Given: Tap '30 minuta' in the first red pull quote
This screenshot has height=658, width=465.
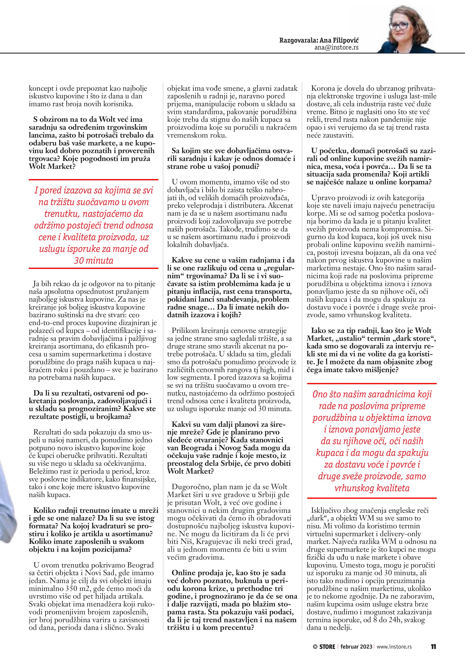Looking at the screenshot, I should [94, 260].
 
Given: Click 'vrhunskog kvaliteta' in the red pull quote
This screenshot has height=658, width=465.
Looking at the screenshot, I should [372, 488].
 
